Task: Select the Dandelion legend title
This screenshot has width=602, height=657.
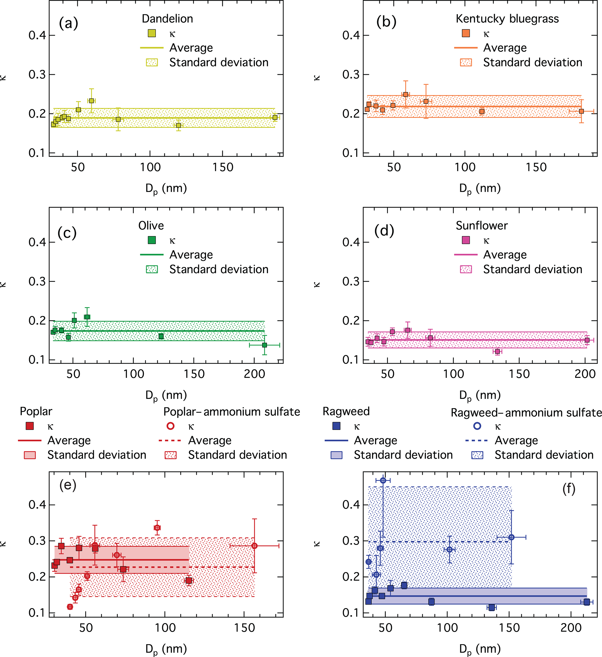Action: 167,19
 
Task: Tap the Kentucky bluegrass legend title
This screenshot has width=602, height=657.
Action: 507,19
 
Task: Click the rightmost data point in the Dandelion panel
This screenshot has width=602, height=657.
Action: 275,117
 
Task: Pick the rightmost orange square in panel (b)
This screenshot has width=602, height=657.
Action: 581,111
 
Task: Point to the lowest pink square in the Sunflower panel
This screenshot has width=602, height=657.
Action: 497,351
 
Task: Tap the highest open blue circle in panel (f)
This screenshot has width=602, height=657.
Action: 383,480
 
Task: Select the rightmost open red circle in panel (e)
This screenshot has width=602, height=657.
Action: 254,546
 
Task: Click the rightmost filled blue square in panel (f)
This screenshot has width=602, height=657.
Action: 587,602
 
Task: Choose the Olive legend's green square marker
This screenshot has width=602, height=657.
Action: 152,240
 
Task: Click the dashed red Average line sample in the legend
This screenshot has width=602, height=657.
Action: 170,441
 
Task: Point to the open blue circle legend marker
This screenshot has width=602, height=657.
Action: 477,426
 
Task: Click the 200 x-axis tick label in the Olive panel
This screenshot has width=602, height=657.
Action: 254,374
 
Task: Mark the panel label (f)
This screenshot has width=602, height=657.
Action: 569,489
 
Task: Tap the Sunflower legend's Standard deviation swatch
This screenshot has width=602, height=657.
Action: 466,269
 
